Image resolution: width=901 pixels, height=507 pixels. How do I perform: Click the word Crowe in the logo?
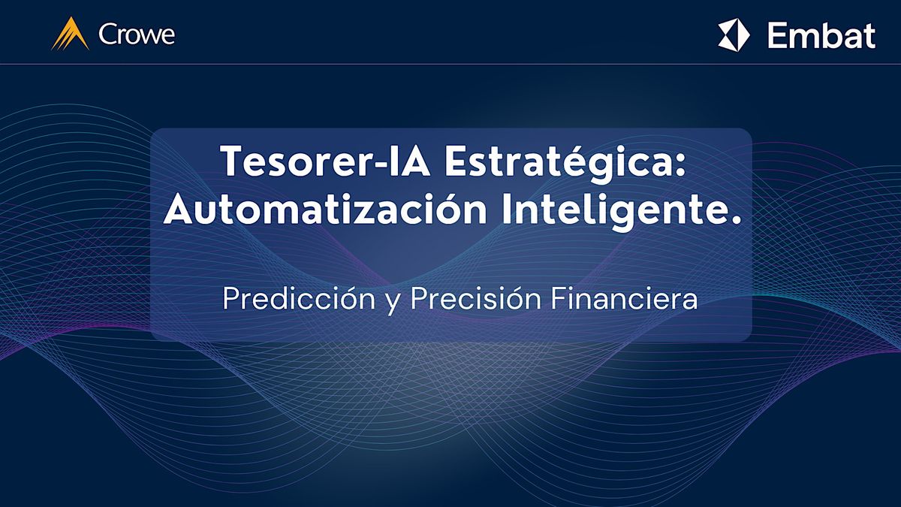(137, 35)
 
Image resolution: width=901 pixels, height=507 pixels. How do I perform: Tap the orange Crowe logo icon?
(71, 34)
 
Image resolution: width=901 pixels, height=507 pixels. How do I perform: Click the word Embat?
(821, 35)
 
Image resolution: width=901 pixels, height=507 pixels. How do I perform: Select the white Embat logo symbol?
(734, 35)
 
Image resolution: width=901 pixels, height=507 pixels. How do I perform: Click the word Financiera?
(625, 300)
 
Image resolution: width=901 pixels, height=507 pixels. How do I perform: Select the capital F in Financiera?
(558, 299)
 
